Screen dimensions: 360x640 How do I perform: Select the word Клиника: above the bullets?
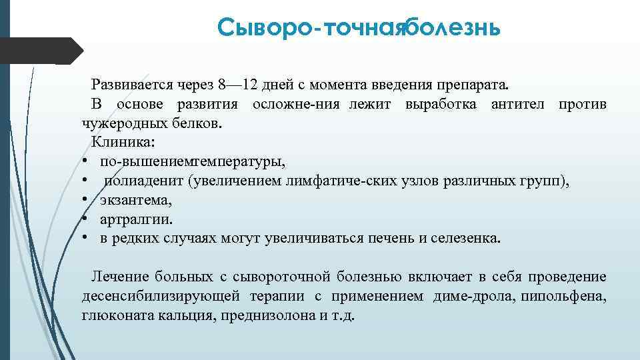pyautogui.click(x=123, y=142)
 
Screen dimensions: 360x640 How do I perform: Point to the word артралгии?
pyautogui.click(x=136, y=218)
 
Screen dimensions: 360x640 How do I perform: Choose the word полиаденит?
pyautogui.click(x=143, y=181)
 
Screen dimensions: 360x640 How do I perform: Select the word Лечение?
pyautogui.click(x=119, y=276)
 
